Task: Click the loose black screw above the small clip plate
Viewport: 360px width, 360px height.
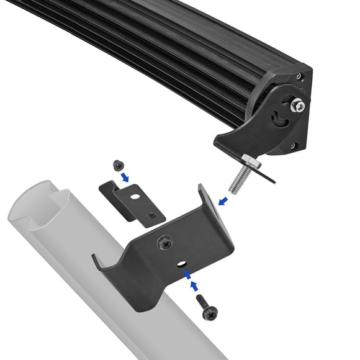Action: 118,166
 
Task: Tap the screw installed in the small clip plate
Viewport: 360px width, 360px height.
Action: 149,215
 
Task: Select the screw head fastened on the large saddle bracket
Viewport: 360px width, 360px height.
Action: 166,243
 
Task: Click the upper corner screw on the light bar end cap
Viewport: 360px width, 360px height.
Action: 299,77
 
